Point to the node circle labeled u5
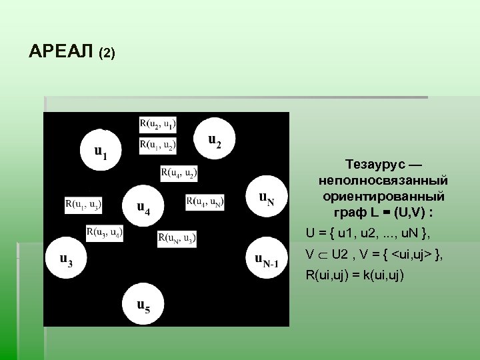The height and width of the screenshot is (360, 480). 143,303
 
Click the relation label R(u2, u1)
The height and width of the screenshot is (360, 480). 158,123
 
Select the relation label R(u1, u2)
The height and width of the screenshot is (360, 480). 158,145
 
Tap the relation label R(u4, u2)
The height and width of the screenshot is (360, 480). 178,173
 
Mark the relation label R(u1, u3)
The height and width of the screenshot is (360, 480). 83,204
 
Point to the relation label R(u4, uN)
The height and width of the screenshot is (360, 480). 205,201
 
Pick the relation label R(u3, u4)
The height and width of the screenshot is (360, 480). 104,233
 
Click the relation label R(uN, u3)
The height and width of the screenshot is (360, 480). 177,237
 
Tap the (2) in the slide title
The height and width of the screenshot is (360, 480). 107,53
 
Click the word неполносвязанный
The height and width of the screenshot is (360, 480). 383,181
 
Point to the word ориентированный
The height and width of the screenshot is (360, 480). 383,197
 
